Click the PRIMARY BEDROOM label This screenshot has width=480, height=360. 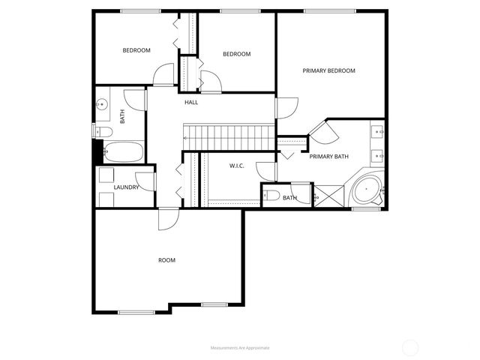(328, 70)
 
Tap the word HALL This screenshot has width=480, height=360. (191, 102)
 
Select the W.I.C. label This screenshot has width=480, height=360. (236, 166)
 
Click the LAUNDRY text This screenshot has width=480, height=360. (126, 187)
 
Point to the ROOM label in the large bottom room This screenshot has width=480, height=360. (166, 260)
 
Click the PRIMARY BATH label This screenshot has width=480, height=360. (329, 156)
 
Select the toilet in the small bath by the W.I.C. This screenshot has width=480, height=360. (271, 197)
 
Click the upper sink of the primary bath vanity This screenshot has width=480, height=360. (378, 132)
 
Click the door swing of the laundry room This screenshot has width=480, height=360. (148, 180)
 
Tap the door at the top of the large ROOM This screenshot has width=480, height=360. (168, 219)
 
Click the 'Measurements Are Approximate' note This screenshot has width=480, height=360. (240, 348)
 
